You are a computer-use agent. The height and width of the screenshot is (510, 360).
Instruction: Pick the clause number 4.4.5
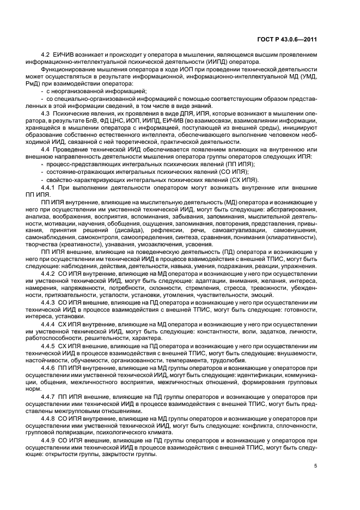(51, 345)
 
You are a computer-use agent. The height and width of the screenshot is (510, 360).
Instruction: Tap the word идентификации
(254, 375)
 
